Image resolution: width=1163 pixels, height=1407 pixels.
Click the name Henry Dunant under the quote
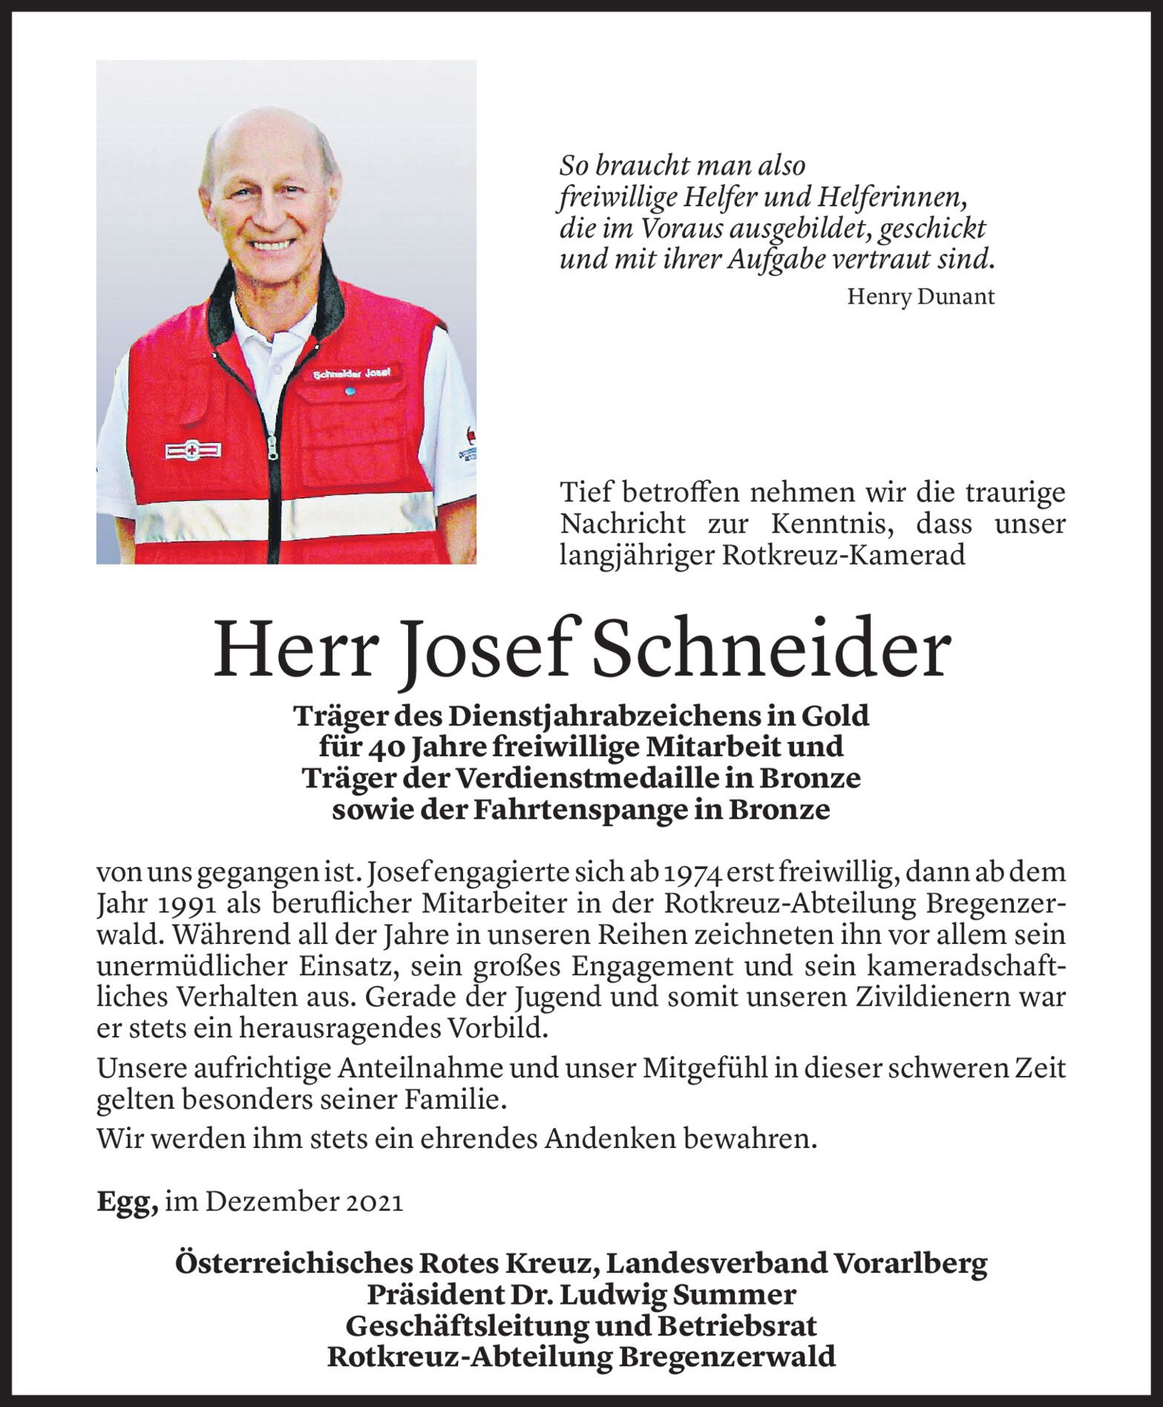click(x=920, y=297)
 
